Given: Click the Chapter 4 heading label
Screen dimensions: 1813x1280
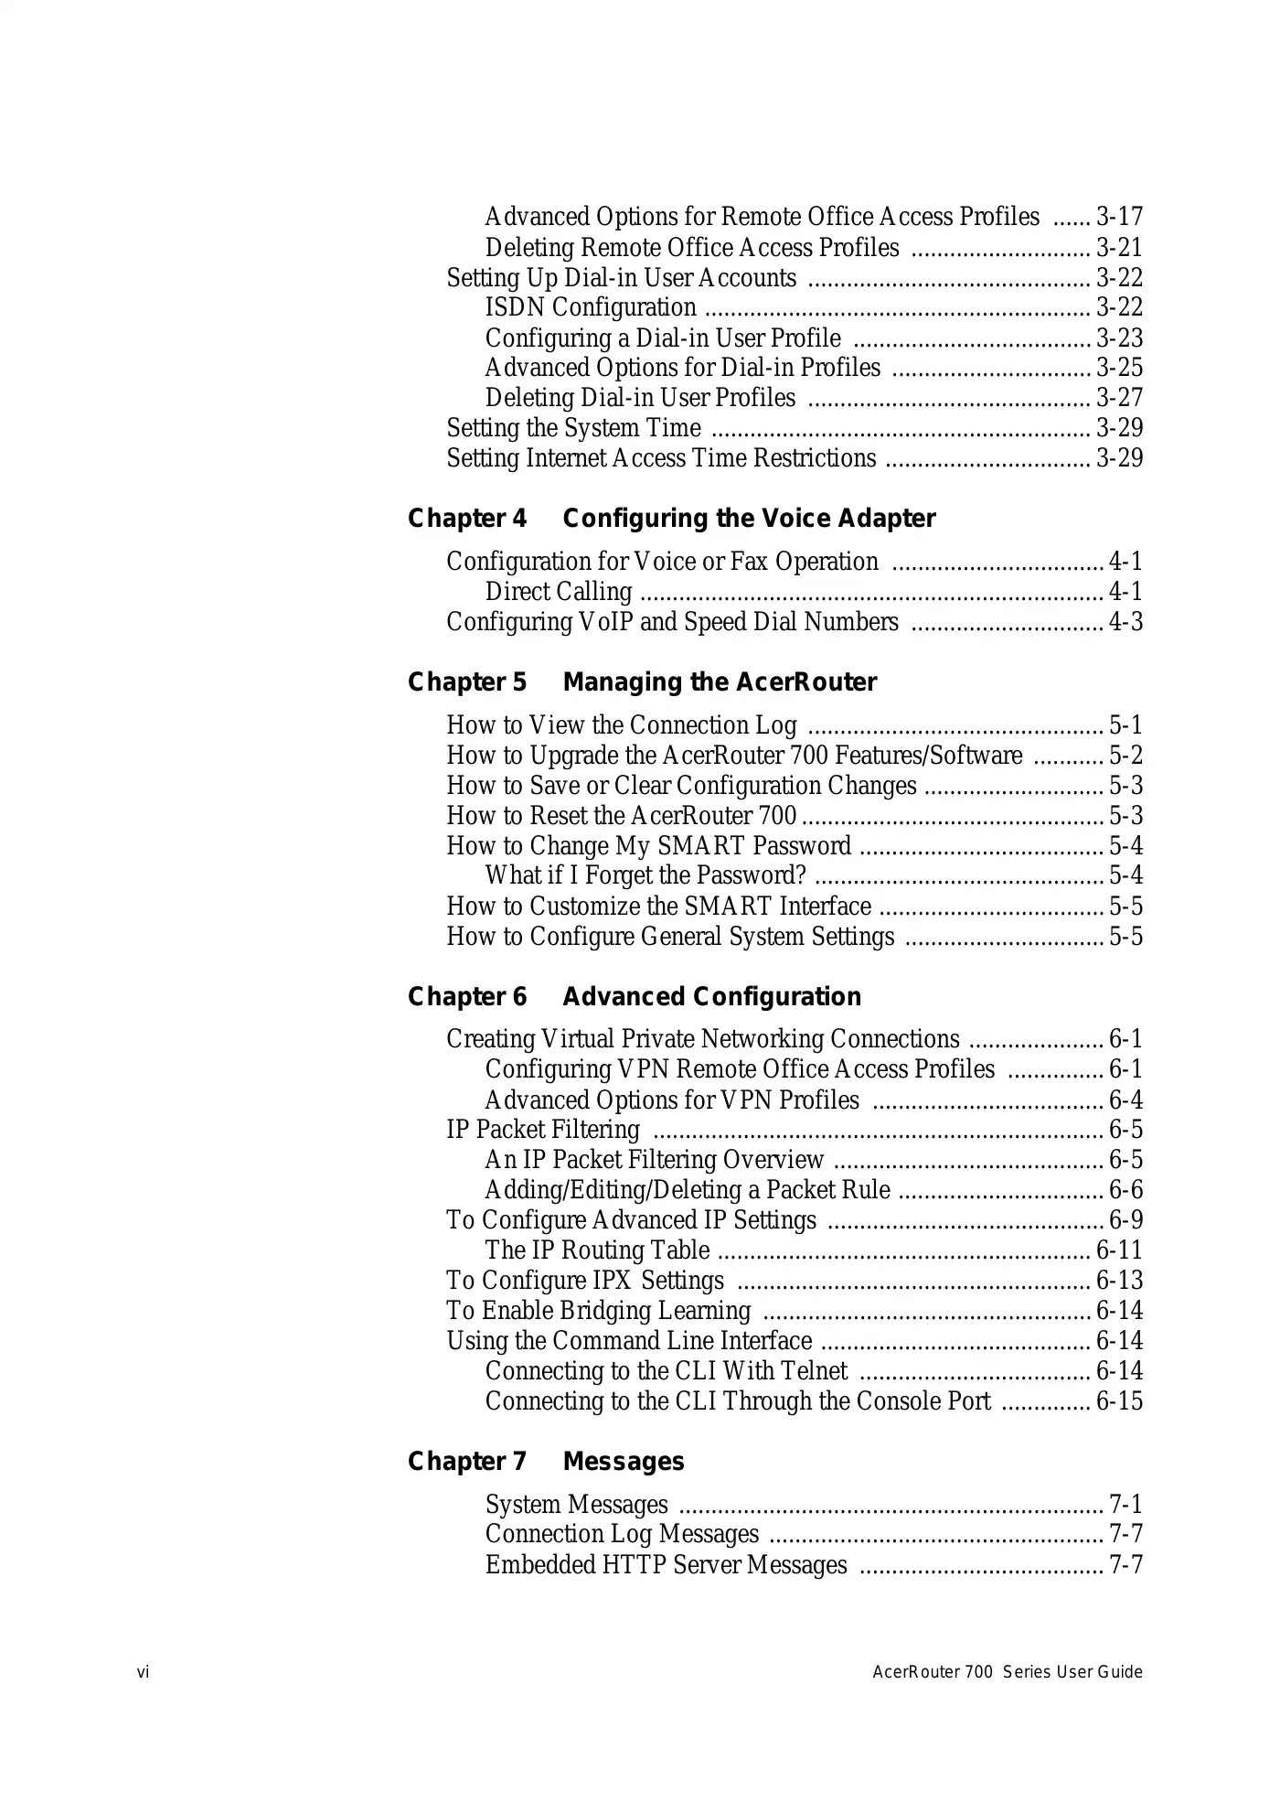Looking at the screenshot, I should click(467, 519).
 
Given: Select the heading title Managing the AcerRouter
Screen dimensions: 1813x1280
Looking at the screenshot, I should click(720, 682).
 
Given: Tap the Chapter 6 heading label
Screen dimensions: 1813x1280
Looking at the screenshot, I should click(467, 996).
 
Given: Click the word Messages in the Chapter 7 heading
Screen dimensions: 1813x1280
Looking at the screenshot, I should click(624, 1461).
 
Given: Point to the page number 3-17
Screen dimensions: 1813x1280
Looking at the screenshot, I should click(1119, 217).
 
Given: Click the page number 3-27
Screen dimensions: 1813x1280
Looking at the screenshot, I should click(1119, 398).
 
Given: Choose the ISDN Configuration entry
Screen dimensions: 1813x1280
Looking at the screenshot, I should click(591, 307).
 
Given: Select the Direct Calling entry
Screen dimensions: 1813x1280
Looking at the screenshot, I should click(559, 592).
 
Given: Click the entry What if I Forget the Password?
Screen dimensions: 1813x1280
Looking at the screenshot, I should click(645, 875).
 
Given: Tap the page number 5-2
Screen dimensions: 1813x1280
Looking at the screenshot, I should click(1125, 756).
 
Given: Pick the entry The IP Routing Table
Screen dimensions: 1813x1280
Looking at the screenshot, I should click(597, 1250).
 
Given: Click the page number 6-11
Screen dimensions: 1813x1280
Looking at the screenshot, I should click(1119, 1250).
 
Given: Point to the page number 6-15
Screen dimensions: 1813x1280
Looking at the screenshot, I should click(1119, 1400).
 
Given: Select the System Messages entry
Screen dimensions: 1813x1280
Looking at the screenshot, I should click(577, 1504).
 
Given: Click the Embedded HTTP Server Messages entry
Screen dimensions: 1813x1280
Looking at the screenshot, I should click(667, 1564).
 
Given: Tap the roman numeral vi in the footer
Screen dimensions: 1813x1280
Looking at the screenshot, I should click(144, 1672).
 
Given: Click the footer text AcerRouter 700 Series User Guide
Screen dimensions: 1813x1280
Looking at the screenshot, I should click(1008, 1672).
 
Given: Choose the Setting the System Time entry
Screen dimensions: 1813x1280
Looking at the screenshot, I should click(574, 428).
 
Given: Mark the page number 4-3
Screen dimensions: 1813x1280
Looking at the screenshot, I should click(1125, 622).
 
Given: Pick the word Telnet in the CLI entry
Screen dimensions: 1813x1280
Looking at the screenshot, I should click(810, 1370).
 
